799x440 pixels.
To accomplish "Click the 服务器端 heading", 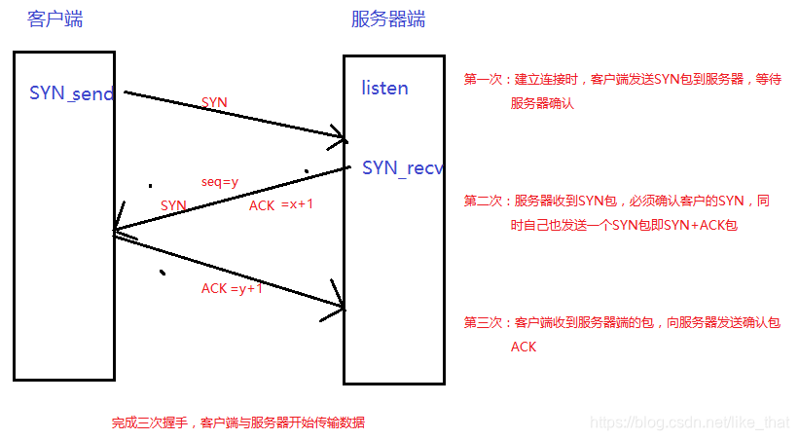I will click(387, 19).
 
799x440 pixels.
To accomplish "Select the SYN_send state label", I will click(72, 93).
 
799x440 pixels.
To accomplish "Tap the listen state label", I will click(384, 89).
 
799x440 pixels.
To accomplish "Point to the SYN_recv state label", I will click(402, 167).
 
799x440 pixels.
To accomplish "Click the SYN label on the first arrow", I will click(214, 102).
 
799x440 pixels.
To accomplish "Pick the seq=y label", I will click(220, 182).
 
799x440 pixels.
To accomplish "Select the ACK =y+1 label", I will click(232, 288).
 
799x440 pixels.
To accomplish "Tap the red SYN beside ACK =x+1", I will click(173, 205).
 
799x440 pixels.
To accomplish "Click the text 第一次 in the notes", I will click(483, 80).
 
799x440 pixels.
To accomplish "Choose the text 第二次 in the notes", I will click(483, 202).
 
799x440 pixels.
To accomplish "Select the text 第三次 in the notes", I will click(483, 322).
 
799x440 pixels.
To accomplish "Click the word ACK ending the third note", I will click(524, 347).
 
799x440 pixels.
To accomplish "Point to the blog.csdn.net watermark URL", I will click(691, 423).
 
